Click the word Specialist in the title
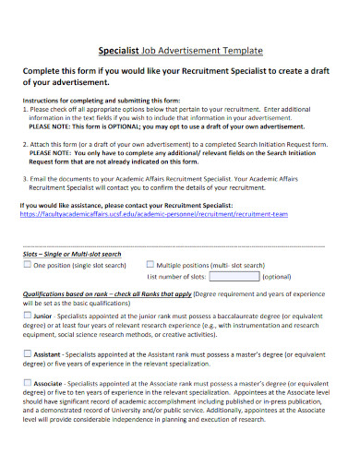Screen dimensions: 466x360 pos(118,51)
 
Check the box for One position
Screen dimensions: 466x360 pos(27,265)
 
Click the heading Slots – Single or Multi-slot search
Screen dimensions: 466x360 pos(74,253)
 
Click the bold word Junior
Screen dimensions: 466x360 pos(43,315)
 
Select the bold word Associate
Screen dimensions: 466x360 pos(49,382)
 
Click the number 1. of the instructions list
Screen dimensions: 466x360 pos(24,109)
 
